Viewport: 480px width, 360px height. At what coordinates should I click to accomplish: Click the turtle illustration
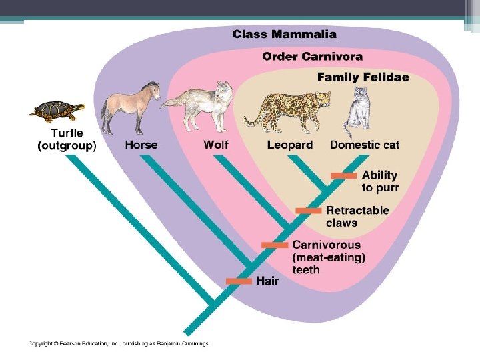[x=57, y=111]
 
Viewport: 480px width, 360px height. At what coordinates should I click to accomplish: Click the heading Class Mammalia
[x=284, y=34]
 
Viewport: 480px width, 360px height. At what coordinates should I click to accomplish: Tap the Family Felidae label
[x=363, y=77]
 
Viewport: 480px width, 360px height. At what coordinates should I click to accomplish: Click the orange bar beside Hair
[x=239, y=281]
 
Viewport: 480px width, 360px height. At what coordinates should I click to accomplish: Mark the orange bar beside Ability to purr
[x=344, y=175]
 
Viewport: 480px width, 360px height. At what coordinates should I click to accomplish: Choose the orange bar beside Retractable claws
[x=309, y=211]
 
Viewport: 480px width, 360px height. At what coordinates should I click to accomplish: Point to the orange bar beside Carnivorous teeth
[x=275, y=245]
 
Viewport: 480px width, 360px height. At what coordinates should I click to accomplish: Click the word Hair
[x=267, y=281]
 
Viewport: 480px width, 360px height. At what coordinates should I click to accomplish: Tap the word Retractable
[x=357, y=211]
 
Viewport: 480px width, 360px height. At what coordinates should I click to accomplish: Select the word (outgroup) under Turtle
[x=67, y=146]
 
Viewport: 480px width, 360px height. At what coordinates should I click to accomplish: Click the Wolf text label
[x=216, y=145]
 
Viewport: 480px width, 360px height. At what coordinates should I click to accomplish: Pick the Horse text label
[x=141, y=145]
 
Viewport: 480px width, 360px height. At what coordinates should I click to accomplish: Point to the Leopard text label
[x=289, y=145]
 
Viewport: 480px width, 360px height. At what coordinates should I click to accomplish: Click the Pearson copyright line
[x=118, y=344]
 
